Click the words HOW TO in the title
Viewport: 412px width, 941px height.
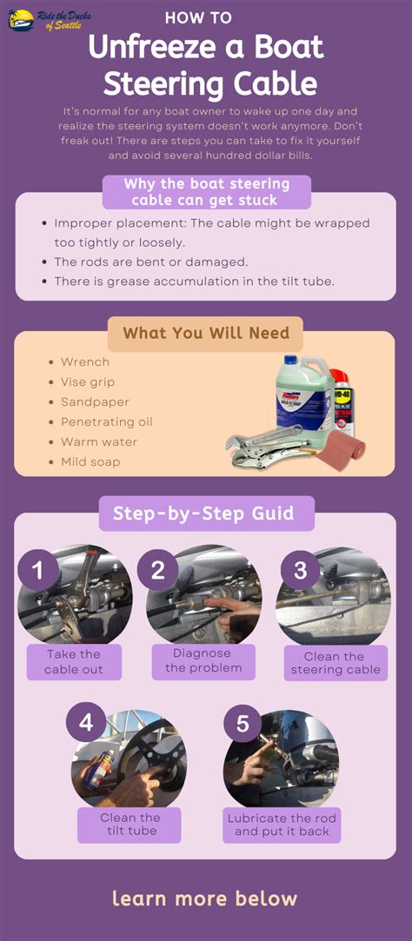(198, 17)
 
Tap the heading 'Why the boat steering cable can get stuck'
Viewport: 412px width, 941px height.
(206, 192)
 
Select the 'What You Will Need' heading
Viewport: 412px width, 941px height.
(205, 334)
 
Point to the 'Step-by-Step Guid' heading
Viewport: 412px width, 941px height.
(206, 513)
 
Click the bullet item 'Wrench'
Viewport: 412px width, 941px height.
(85, 362)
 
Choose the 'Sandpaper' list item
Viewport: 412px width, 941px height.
(95, 402)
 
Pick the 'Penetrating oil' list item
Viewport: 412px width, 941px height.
(106, 422)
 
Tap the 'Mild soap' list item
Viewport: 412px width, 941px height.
(90, 462)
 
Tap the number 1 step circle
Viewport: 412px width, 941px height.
(38, 571)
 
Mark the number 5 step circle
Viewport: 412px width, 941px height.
(243, 723)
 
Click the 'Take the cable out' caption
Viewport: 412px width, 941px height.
(74, 661)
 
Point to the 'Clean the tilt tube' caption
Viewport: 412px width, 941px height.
(130, 825)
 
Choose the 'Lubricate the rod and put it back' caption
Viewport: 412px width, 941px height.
(282, 825)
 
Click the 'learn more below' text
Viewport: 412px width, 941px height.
(205, 898)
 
